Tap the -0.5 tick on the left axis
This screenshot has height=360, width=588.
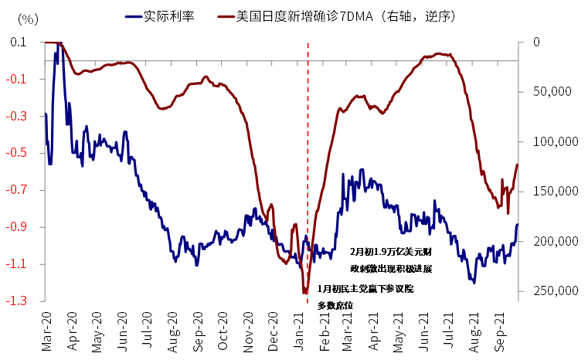(x=17, y=153)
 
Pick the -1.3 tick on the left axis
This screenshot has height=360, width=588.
(x=17, y=301)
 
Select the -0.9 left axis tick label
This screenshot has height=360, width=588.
(x=17, y=227)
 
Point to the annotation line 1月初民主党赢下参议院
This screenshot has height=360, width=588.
(x=365, y=288)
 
